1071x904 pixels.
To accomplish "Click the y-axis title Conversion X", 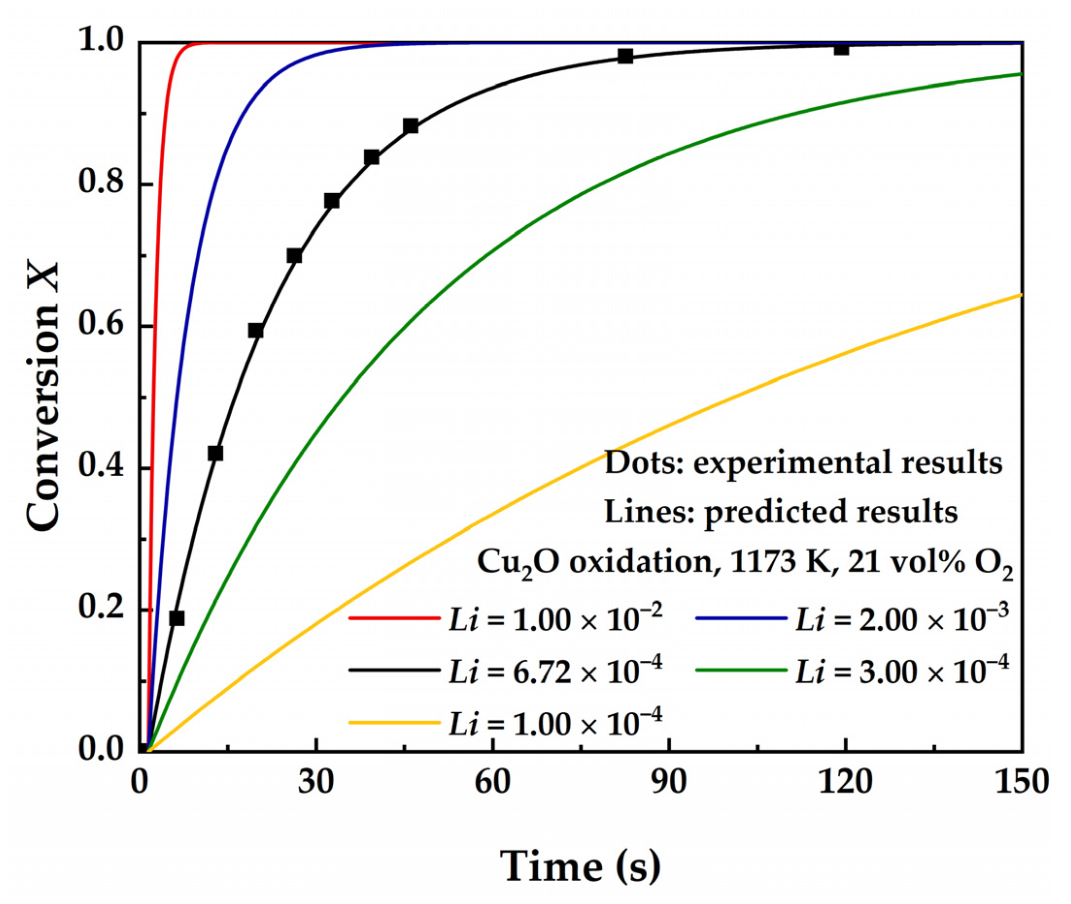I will pos(43,397).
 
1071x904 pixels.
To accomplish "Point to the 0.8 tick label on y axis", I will pos(101,183).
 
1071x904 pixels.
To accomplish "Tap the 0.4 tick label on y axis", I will pos(101,467).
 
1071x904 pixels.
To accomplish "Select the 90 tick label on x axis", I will pos(669,783).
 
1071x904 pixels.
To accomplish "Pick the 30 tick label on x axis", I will pos(316,783).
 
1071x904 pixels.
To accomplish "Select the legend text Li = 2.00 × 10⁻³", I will pos(901,619).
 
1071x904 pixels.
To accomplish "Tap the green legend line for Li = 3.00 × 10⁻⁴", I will pos(741,670).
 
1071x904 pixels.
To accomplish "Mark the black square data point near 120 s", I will pos(841,49).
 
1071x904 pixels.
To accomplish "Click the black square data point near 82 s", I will pos(625,56).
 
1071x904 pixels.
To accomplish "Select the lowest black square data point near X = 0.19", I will pos(177,618).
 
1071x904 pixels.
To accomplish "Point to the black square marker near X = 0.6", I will pos(255,331).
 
